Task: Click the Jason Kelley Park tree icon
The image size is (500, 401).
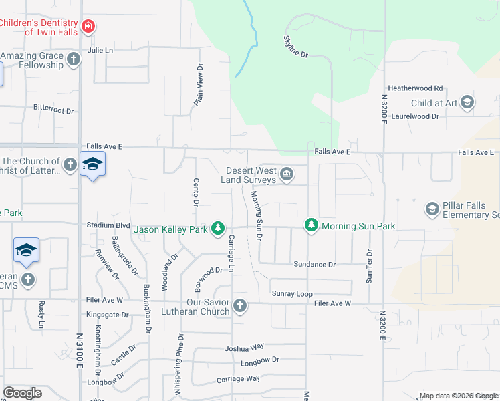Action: coord(217,229)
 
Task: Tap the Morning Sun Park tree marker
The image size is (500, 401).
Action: coord(311,225)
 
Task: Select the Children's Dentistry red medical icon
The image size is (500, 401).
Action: coord(88,27)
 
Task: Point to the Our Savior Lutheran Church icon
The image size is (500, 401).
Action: coord(240,307)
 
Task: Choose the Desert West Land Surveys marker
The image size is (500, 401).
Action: coord(286,175)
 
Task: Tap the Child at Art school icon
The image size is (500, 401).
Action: coord(467,102)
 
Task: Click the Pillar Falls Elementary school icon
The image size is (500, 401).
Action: coord(432,210)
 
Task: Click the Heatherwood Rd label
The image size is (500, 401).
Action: coord(416,88)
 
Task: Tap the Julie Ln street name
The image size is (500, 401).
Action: coord(100,50)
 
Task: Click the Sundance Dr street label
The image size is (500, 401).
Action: coord(314,265)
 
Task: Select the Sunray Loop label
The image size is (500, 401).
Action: coord(292,293)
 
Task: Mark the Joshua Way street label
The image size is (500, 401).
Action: coord(245,347)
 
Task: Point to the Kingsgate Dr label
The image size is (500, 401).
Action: coord(106,314)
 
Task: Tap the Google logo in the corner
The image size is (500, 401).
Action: coord(23,393)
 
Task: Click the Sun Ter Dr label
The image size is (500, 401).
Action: coord(368,267)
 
